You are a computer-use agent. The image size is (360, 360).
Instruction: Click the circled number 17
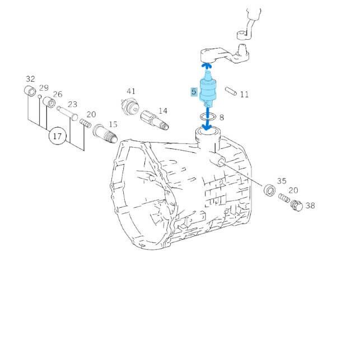(57, 135)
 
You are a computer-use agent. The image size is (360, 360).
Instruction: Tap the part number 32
(30, 79)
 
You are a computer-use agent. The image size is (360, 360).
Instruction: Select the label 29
(44, 88)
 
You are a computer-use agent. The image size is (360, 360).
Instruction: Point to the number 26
(58, 94)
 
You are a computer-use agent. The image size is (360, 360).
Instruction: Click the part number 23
(72, 104)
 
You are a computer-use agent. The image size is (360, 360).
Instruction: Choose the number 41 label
(130, 91)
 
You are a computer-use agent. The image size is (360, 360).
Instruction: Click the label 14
(162, 111)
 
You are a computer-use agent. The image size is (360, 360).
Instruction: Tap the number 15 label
(113, 124)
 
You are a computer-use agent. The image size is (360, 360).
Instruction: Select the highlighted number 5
(194, 92)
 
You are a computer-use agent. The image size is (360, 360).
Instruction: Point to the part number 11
(244, 95)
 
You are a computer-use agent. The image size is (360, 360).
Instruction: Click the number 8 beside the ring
(221, 118)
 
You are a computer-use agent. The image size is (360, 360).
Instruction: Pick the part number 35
(281, 181)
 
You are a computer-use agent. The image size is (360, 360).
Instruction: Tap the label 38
(310, 205)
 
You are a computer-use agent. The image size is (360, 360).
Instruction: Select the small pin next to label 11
(230, 91)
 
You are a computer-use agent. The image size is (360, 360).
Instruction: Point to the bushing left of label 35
(269, 190)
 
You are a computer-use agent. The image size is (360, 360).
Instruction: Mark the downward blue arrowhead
(208, 127)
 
